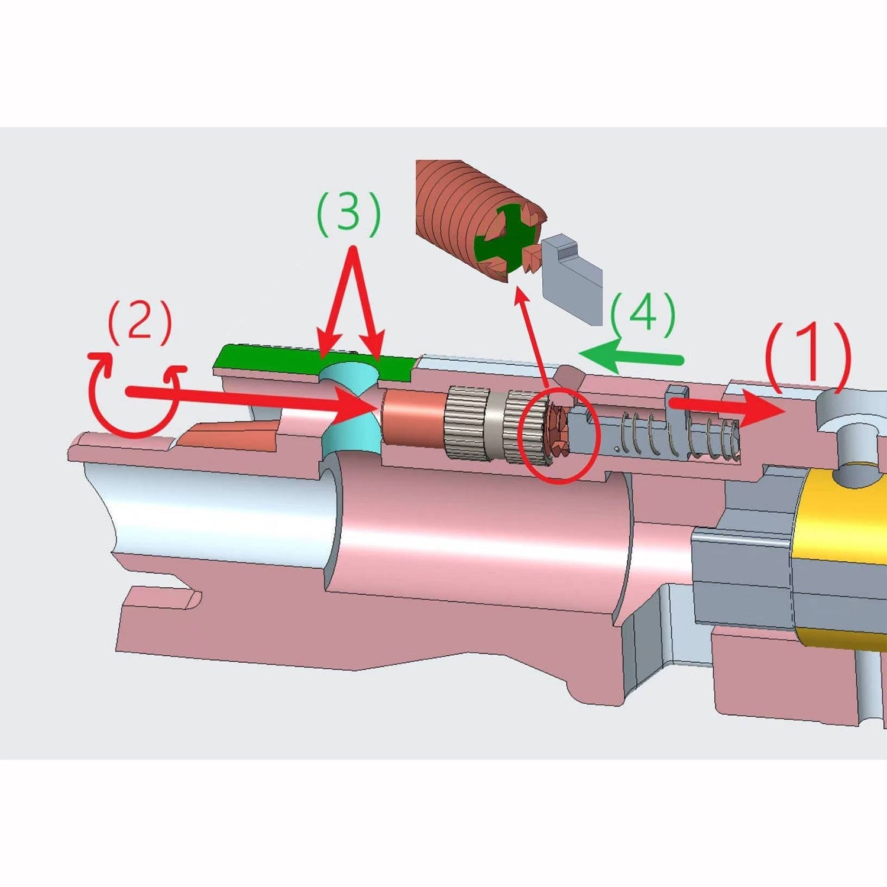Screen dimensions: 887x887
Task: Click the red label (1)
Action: click(x=808, y=355)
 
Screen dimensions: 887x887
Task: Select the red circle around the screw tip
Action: click(x=559, y=435)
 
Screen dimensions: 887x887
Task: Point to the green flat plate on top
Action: click(x=313, y=362)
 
